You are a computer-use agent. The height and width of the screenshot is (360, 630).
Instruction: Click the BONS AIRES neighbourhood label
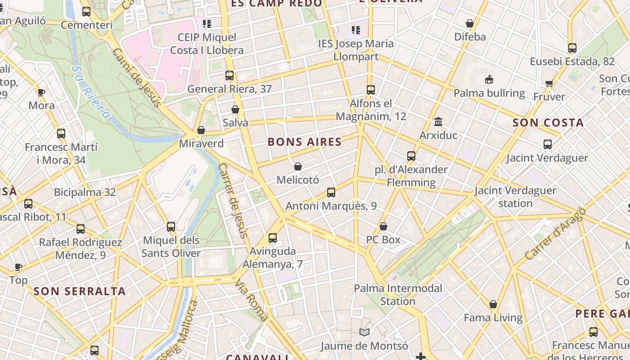(305, 142)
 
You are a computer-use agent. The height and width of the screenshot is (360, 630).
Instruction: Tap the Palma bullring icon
(489, 80)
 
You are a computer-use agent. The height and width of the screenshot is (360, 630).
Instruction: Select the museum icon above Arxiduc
(438, 121)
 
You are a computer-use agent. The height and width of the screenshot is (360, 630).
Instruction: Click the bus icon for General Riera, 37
(229, 76)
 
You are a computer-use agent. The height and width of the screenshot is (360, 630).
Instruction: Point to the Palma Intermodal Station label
(398, 294)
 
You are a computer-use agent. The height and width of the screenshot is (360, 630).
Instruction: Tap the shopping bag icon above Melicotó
(297, 167)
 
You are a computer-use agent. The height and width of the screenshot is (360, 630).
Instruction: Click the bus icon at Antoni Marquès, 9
(331, 193)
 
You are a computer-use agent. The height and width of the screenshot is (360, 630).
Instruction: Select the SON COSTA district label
(548, 123)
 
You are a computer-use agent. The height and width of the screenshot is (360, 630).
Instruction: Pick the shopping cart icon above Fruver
(549, 83)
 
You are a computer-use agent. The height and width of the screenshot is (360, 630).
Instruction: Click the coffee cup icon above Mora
(41, 92)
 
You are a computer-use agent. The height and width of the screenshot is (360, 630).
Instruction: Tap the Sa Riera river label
(90, 92)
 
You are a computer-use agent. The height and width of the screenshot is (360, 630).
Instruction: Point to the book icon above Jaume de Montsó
(364, 333)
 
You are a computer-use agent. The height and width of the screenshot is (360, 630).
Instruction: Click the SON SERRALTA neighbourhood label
(80, 291)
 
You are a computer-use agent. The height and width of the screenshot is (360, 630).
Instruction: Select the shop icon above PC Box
(383, 226)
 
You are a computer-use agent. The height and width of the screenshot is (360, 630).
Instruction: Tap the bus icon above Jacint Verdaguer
(547, 144)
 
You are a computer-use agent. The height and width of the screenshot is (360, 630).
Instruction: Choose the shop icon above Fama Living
(493, 304)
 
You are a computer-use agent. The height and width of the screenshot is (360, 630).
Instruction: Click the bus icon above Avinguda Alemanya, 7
(273, 238)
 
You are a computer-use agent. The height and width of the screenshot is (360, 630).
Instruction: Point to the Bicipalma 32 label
(85, 193)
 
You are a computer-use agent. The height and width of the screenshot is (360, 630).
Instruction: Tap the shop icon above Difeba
(470, 23)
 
